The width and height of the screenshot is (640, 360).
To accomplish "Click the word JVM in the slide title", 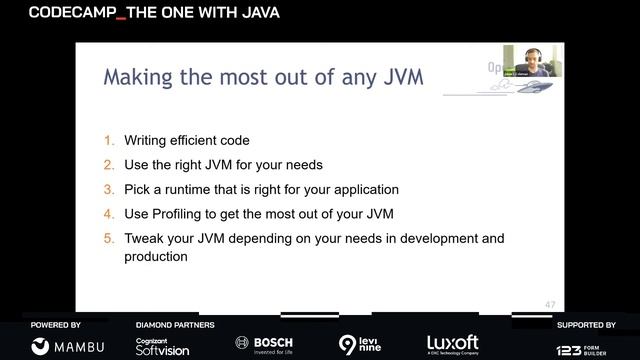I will (x=396, y=77).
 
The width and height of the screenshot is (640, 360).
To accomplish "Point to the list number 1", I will (x=109, y=141).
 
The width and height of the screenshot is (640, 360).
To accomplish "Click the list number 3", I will (x=109, y=189).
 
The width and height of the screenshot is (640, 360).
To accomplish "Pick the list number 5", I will (x=109, y=239).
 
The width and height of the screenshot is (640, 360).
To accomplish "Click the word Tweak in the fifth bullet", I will (x=144, y=239).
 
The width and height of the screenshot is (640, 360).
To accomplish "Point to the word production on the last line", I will (x=156, y=256).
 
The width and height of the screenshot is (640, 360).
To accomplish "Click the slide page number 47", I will (x=550, y=305).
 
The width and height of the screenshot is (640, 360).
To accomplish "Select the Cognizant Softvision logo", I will (x=162, y=346).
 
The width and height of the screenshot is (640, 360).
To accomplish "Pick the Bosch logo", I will (x=264, y=344).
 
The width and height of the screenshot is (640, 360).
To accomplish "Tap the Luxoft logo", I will (x=453, y=344).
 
